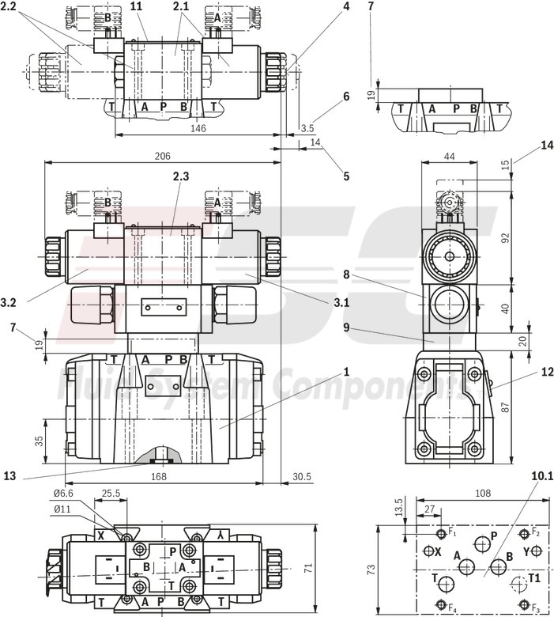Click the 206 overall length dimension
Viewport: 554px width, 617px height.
162,156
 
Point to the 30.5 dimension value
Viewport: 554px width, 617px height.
302,477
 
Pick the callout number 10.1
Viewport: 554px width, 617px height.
541,476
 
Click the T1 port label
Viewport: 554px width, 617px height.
535,579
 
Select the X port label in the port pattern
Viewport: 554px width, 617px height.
436,551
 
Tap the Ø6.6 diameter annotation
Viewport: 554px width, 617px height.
66,494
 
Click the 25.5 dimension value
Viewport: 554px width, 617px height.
111,494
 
